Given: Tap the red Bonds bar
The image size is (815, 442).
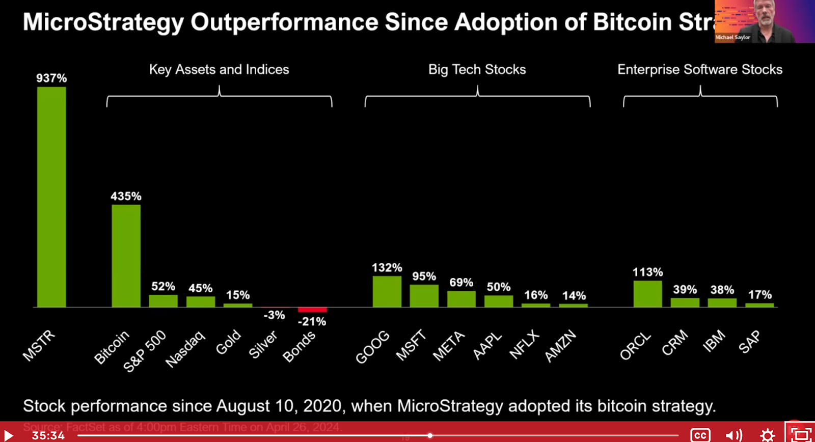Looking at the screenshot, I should (x=312, y=310).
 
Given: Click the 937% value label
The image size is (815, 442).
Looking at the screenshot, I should (x=51, y=78).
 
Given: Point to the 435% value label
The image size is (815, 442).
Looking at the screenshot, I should (x=126, y=196).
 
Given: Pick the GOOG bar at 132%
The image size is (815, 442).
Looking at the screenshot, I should (x=387, y=291).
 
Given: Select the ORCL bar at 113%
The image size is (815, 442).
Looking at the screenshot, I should (x=647, y=294).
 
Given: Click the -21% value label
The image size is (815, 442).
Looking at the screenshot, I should (x=312, y=321).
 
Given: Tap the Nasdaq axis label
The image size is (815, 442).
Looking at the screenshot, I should (x=185, y=349).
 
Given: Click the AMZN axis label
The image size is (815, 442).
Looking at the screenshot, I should (x=560, y=346).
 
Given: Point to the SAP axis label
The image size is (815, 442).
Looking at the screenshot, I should (x=749, y=342).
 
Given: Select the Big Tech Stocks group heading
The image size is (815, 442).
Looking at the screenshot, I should (x=477, y=69).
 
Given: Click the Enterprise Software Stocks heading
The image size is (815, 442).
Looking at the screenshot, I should (x=700, y=69).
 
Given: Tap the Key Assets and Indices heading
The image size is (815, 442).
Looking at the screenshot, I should (x=219, y=69).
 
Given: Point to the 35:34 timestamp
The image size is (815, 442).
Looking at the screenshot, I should (x=48, y=435).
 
